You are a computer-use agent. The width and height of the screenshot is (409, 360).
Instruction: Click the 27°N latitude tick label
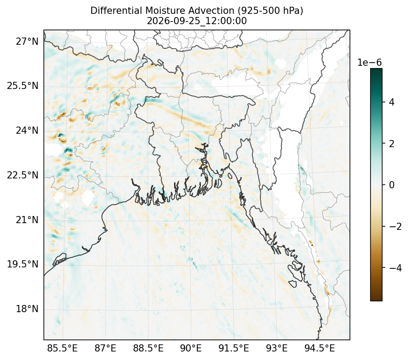pyautogui.click(x=27, y=41)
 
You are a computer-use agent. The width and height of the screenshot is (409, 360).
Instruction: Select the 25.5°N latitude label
pyautogui.click(x=23, y=86)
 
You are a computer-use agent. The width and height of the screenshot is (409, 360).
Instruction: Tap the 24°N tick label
pyautogui.click(x=27, y=130)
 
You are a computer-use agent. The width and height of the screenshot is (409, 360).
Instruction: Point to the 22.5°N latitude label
pyautogui.click(x=23, y=175)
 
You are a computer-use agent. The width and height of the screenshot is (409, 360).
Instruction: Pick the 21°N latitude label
pyautogui.click(x=27, y=220)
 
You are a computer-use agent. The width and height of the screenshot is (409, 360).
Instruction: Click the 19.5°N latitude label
pyautogui.click(x=23, y=264)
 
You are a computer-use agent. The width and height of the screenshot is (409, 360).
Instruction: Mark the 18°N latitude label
pyautogui.click(x=27, y=309)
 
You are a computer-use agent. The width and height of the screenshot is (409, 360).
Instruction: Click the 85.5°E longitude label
pyautogui.click(x=62, y=348)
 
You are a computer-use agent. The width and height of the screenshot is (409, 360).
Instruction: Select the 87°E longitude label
pyautogui.click(x=105, y=348)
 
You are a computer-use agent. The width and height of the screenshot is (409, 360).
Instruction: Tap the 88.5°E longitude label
pyautogui.click(x=149, y=348)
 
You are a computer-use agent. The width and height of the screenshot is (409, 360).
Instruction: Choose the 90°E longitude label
pyautogui.click(x=191, y=348)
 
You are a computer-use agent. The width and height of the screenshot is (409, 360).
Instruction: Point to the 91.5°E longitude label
pyautogui.click(x=234, y=348)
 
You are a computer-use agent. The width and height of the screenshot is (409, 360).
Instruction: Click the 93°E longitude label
pyautogui.click(x=277, y=348)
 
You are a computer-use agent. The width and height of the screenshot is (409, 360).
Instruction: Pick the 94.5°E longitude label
pyautogui.click(x=320, y=348)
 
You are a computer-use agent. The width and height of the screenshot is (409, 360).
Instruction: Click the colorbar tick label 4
pyautogui.click(x=392, y=102)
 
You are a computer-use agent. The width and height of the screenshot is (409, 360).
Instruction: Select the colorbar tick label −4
pyautogui.click(x=396, y=268)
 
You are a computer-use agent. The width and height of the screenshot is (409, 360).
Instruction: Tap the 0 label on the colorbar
pyautogui.click(x=392, y=185)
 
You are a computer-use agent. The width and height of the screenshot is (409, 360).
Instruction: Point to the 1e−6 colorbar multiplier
pyautogui.click(x=369, y=63)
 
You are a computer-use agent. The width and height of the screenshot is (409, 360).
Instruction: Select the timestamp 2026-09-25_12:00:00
pyautogui.click(x=197, y=21)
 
